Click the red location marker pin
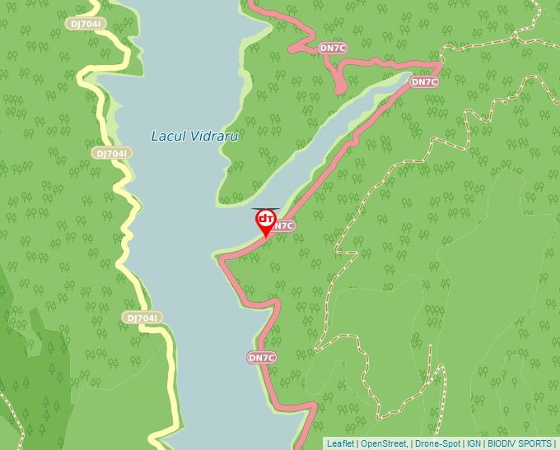[265, 220]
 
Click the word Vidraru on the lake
[214, 137]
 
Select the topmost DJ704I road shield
[86, 24]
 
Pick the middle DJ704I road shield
[110, 153]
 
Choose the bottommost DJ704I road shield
[142, 318]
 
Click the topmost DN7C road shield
[333, 49]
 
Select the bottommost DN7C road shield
[261, 358]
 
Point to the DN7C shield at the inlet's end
[424, 81]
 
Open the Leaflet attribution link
[340, 443]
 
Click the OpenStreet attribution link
[383, 443]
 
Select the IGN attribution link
[474, 443]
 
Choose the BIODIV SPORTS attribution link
[520, 443]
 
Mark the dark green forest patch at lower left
[25, 346]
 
